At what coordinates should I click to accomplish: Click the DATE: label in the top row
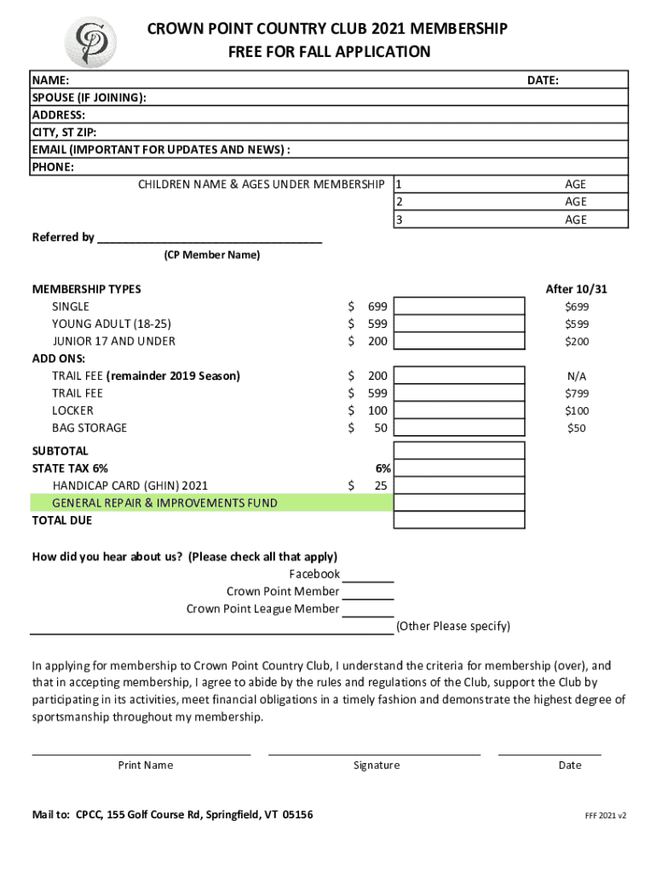(543, 80)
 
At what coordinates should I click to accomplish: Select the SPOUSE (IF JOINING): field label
(89, 98)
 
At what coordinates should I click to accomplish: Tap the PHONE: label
(53, 167)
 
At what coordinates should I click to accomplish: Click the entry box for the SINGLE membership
(459, 307)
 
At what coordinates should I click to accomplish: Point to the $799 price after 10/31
(576, 393)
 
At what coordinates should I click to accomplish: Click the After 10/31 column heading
(576, 290)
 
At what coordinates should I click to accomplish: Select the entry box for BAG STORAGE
(459, 427)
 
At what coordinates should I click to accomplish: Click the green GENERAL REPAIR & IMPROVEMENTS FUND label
(164, 503)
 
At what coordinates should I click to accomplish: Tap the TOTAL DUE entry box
(459, 520)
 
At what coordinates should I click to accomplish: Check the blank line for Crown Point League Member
(368, 614)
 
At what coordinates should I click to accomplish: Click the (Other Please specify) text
(453, 627)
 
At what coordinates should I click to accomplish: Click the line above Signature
(374, 753)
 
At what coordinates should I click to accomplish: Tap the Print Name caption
(146, 766)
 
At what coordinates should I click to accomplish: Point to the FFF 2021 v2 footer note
(605, 816)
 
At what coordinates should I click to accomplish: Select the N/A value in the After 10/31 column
(576, 376)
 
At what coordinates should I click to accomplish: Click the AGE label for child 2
(576, 202)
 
